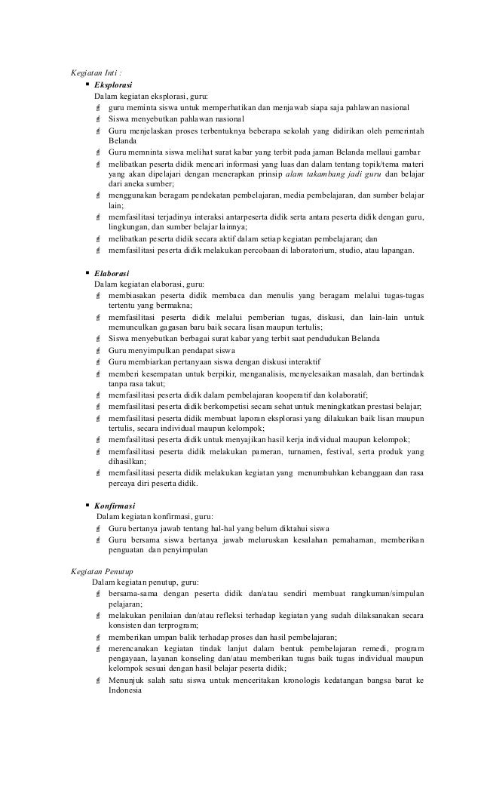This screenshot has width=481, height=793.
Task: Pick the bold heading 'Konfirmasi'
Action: tap(115, 506)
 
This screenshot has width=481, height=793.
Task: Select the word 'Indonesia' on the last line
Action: tap(125, 694)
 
